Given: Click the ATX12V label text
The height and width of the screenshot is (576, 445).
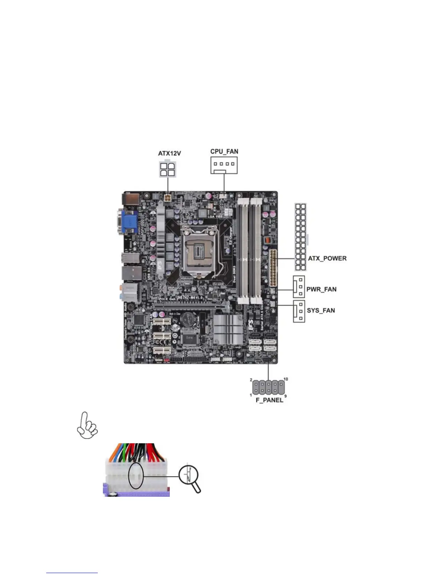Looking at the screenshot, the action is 169,153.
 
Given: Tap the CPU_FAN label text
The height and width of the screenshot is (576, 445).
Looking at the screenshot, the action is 224,151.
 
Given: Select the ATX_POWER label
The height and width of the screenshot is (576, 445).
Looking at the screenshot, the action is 327,259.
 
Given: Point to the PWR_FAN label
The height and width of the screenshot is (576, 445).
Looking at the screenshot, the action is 321,289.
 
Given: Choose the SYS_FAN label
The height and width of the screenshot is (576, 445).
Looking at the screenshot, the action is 321,311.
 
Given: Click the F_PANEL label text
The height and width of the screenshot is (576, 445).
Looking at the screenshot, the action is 269,400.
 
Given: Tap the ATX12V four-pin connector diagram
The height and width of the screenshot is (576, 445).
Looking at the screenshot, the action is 167,169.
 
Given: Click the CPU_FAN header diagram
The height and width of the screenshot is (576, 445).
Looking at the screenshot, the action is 224,165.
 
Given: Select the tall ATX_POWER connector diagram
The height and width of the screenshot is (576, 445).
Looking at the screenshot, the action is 300,237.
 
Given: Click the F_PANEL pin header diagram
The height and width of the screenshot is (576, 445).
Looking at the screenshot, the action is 268,388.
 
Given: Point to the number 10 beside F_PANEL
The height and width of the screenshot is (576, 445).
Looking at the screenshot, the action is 285,379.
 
